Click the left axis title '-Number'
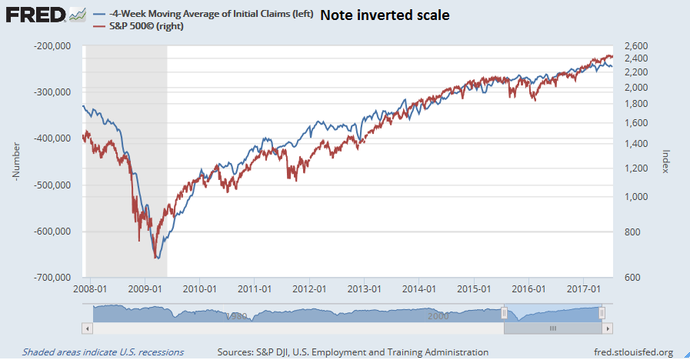coord(15,162)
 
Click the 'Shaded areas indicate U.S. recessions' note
coord(103,352)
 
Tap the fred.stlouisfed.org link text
coord(628,352)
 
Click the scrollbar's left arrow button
coord(87,328)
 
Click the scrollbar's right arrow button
coord(608,328)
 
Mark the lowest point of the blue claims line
coord(157,258)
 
